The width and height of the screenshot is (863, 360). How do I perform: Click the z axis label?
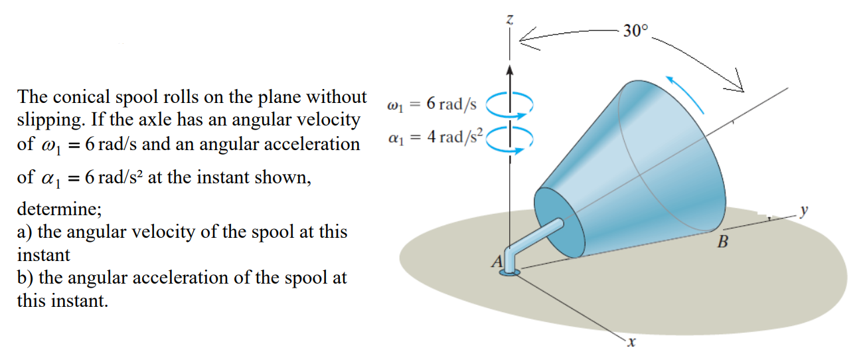509,20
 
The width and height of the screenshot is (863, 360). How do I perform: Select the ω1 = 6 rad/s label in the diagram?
432,104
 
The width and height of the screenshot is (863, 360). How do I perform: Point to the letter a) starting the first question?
24,233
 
